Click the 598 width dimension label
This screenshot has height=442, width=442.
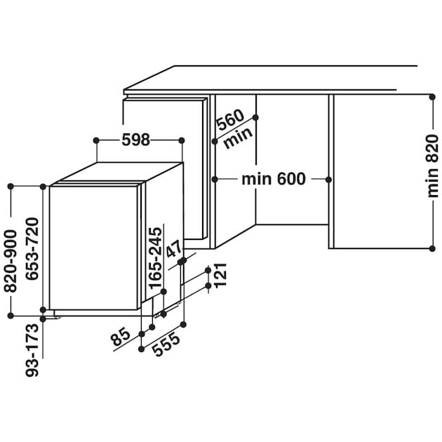pyautogui.click(x=136, y=140)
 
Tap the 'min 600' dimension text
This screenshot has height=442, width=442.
pyautogui.click(x=273, y=180)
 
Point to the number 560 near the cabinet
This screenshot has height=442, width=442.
pyautogui.click(x=229, y=122)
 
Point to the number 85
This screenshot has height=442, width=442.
pyautogui.click(x=121, y=340)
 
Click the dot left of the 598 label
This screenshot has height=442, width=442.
pyautogui.click(x=95, y=140)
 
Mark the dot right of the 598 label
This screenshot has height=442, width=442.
pyautogui.click(x=182, y=140)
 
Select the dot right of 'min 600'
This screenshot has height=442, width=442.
pyautogui.click(x=328, y=180)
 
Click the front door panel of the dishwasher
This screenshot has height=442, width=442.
pyautogui.click(x=93, y=247)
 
